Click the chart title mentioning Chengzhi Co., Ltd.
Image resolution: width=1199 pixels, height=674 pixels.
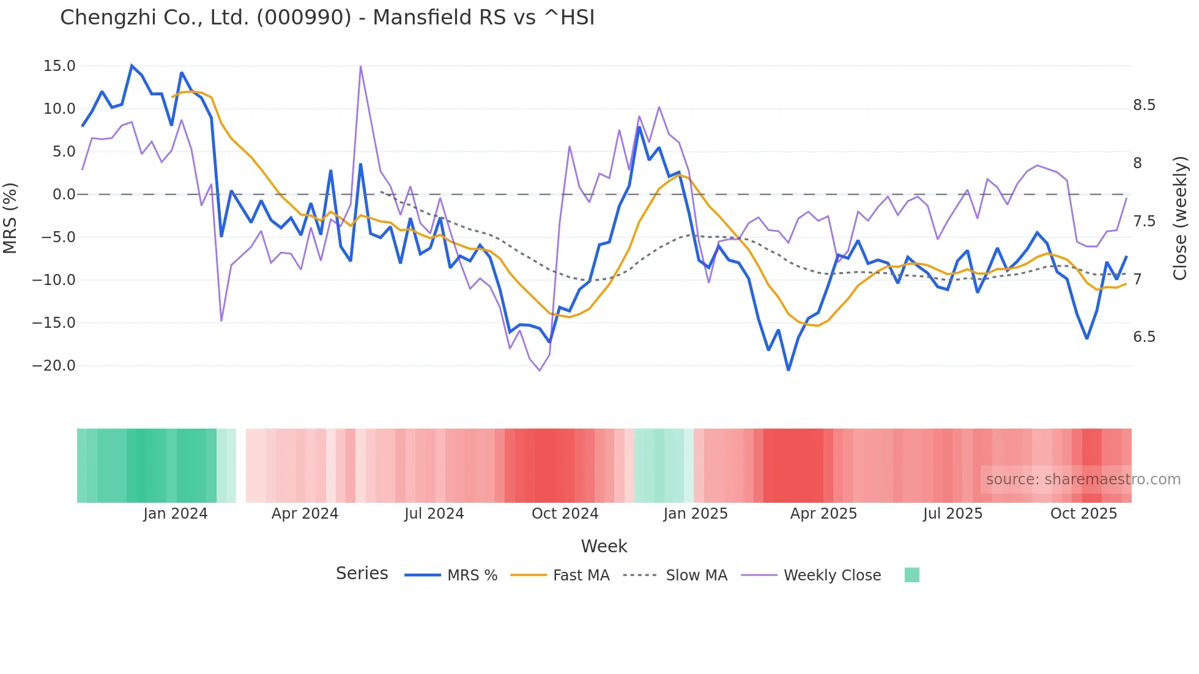coord(327,18)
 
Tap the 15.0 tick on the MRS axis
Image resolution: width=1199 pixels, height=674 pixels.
coord(59,66)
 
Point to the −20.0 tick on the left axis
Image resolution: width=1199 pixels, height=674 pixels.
coord(54,366)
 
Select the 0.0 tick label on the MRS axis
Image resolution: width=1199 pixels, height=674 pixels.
coord(64,194)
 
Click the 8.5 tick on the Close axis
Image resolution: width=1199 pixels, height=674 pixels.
coord(1144,105)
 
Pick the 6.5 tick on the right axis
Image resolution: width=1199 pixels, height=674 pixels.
coord(1144,337)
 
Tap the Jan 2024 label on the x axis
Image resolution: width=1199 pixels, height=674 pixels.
coord(176,514)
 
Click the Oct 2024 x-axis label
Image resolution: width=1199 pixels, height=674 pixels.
coord(565,514)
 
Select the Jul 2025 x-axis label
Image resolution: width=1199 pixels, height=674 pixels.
coord(952,514)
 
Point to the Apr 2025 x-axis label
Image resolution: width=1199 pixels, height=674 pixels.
coord(823,514)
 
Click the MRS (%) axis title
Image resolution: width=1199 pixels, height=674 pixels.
coord(10,218)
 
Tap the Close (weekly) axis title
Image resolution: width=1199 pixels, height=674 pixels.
coord(1179,218)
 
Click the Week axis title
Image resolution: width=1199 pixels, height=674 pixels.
coord(604,546)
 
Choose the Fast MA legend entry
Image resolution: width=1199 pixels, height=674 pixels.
coord(581,576)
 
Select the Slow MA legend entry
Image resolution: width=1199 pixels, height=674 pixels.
coord(696,576)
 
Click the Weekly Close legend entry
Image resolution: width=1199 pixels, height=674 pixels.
coord(832,576)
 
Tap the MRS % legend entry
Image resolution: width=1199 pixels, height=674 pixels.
coord(472,576)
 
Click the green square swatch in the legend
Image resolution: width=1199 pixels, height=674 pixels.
coord(911,575)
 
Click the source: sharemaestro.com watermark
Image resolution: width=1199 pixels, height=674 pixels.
coord(1083,480)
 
